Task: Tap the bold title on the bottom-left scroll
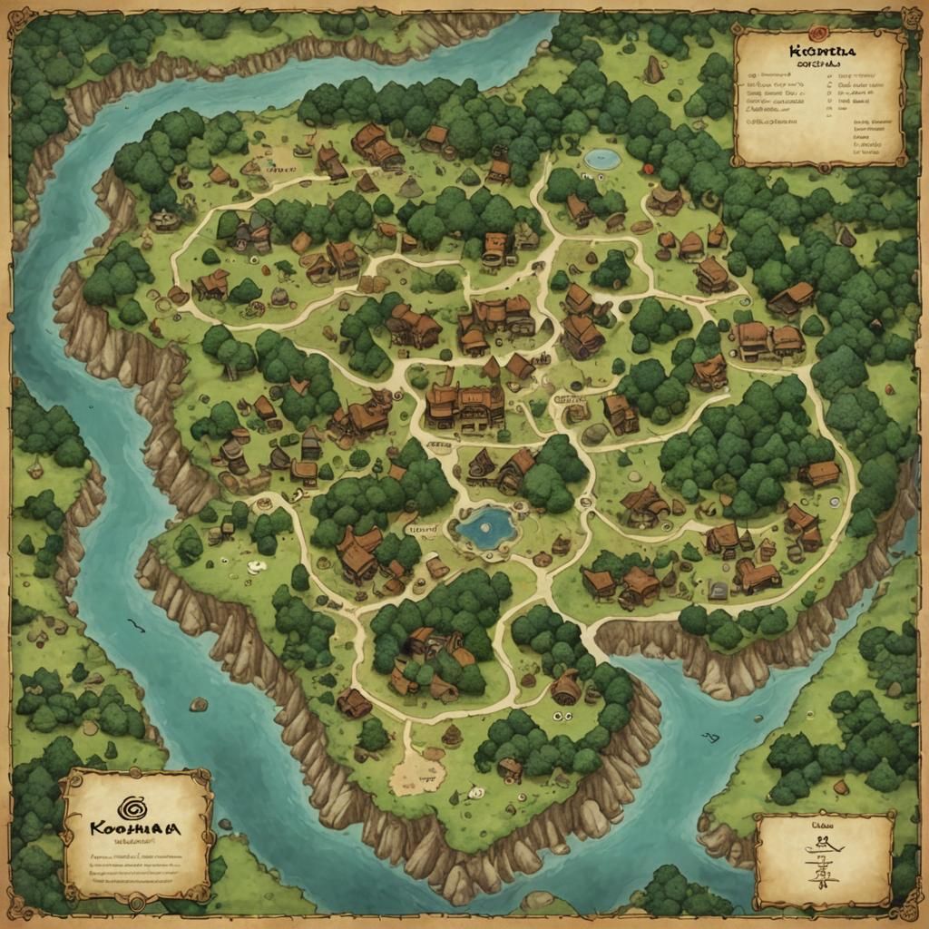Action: click(137, 829)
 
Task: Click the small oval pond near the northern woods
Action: click(602, 160)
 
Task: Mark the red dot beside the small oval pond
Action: click(648, 169)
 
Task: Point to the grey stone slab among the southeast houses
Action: click(718, 591)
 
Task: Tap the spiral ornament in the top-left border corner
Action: click(18, 18)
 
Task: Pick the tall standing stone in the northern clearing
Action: click(652, 70)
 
